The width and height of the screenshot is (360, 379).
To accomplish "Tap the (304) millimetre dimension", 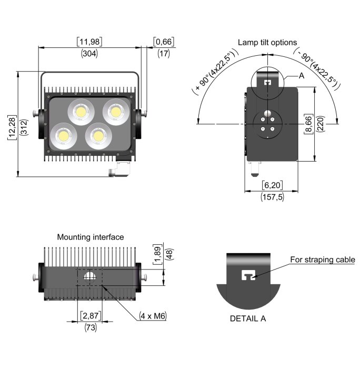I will [89, 53].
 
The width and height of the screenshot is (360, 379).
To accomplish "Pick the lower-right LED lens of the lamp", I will [97, 135].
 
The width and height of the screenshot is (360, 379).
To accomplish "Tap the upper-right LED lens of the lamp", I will [114, 111].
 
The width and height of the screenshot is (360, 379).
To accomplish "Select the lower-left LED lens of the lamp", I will [63, 135].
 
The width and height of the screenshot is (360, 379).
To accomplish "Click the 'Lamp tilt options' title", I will [267, 42].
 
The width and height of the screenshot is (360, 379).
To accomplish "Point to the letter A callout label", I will [302, 76].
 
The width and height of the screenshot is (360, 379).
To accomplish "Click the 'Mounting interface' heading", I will [91, 237].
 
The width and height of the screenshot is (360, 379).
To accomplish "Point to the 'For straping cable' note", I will [323, 260].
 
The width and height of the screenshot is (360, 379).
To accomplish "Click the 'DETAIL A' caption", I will [248, 318].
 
